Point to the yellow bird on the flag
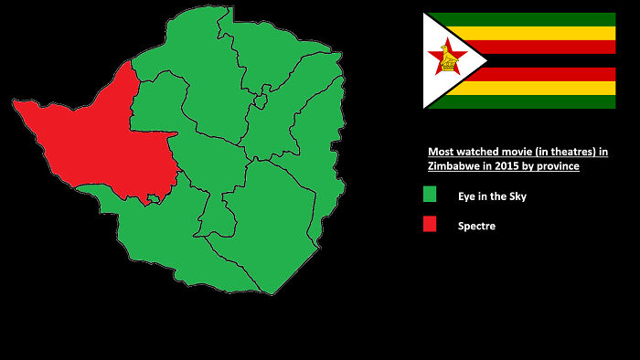pos(448,59)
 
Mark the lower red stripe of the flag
pos(549,74)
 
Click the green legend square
pos(430,195)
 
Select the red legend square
pos(430,225)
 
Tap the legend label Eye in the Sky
pos(492,196)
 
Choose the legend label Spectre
pos(476,226)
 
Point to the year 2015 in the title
pos(509,167)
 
